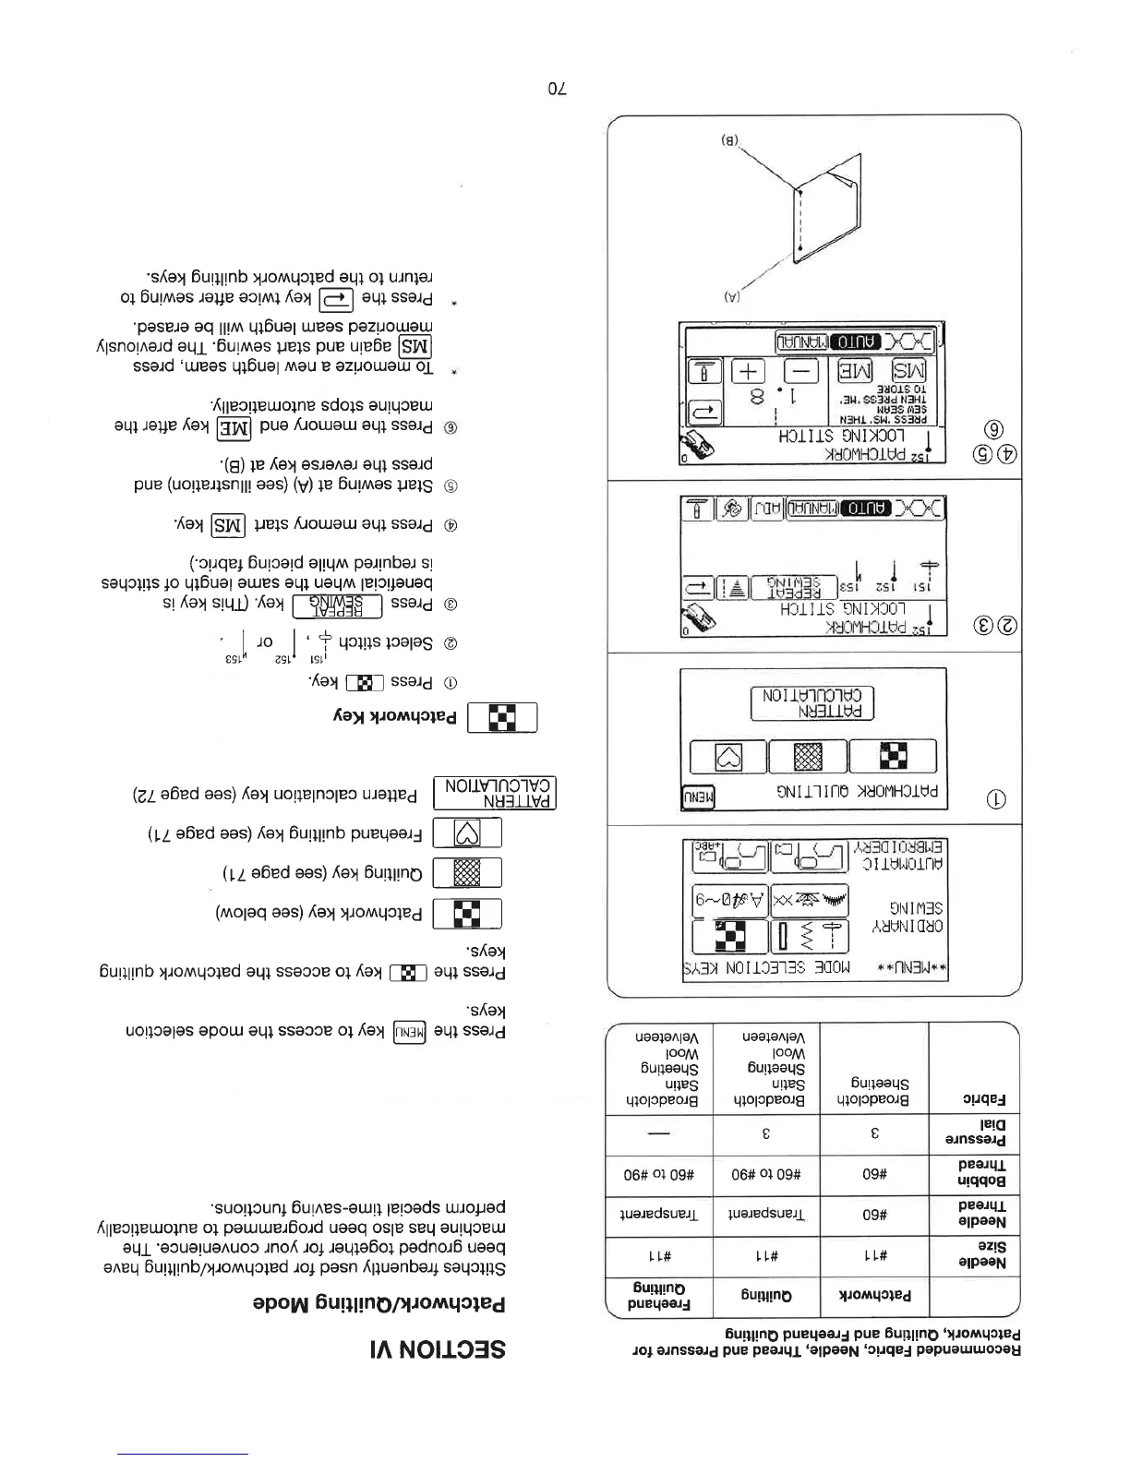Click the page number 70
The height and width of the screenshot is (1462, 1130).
click(x=557, y=89)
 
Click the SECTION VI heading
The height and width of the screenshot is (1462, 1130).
click(x=438, y=1348)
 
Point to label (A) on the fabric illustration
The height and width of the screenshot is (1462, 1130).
click(x=729, y=297)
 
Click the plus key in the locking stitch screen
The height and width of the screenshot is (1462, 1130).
click(x=749, y=372)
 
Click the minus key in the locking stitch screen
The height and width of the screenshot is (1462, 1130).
click(x=801, y=372)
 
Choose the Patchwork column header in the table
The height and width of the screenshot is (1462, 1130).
click(x=874, y=1295)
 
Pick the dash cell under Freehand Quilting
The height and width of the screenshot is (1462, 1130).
click(x=659, y=1133)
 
